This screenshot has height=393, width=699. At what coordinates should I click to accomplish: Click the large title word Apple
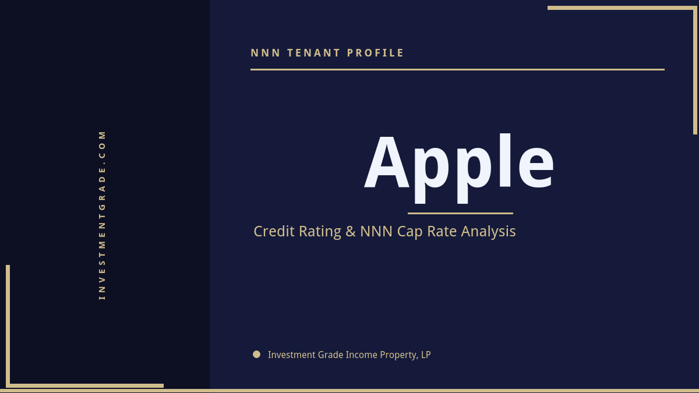point(460,163)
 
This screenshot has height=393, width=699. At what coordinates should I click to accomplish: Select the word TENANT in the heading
point(314,53)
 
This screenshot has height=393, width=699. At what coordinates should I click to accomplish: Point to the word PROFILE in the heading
point(376,53)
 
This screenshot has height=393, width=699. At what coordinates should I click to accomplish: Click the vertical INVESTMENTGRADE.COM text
point(103,215)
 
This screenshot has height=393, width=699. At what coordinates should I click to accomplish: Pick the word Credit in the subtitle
point(274,231)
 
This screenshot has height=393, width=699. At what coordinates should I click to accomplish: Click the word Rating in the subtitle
point(320,232)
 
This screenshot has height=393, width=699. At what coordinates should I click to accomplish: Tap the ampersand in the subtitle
point(351,231)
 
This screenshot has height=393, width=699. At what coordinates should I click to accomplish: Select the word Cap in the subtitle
point(410,232)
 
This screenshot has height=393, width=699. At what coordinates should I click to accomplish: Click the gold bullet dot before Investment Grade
point(257,354)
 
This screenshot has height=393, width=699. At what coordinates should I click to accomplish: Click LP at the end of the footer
point(426,355)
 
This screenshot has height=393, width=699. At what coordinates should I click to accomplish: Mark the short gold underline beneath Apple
point(460,213)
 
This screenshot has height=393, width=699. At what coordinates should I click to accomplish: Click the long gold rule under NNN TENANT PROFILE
point(457,69)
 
